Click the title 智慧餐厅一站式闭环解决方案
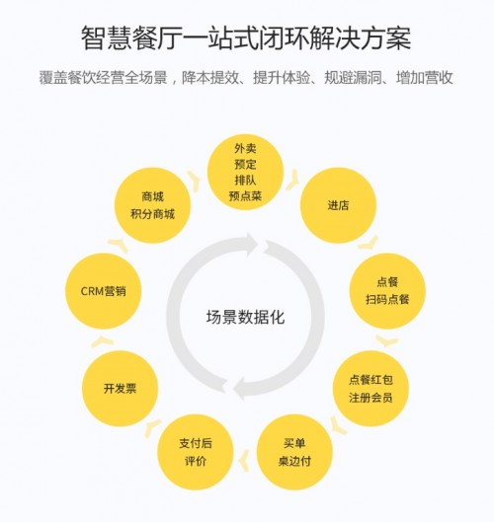(246, 38)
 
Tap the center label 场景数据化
(245, 317)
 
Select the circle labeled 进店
(338, 205)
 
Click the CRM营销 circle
(104, 291)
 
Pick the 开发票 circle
(120, 389)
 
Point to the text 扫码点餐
(387, 299)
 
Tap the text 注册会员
(370, 398)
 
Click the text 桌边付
(294, 461)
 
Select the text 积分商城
(152, 214)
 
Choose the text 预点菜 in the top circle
(245, 195)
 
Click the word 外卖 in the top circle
(245, 148)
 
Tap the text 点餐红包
(370, 380)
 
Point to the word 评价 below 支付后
(196, 461)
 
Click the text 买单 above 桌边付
(294, 443)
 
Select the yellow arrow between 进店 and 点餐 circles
(369, 244)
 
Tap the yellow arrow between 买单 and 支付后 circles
(245, 461)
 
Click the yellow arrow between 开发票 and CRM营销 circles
(102, 341)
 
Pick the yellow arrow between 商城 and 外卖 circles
(195, 181)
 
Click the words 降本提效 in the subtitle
(210, 78)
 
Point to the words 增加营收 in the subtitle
(424, 78)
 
